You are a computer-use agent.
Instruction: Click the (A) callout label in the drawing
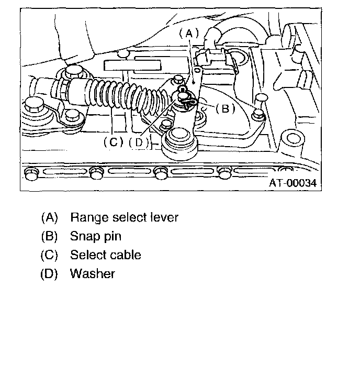pos(189,33)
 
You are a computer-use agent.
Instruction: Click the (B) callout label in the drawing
pos(222,109)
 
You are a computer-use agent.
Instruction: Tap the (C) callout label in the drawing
pos(113,141)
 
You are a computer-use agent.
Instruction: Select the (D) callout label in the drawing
pos(139,141)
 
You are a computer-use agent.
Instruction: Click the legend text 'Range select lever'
pos(124,217)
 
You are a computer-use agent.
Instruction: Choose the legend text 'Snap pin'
pos(95,236)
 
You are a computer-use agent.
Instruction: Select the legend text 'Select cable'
pos(105,255)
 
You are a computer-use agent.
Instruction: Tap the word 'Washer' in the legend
pos(92,273)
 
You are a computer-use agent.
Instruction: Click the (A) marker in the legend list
pos(50,217)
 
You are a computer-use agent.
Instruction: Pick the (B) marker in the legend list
pos(50,236)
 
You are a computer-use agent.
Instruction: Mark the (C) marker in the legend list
pos(50,255)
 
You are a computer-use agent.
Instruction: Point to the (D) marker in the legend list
pos(50,273)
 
